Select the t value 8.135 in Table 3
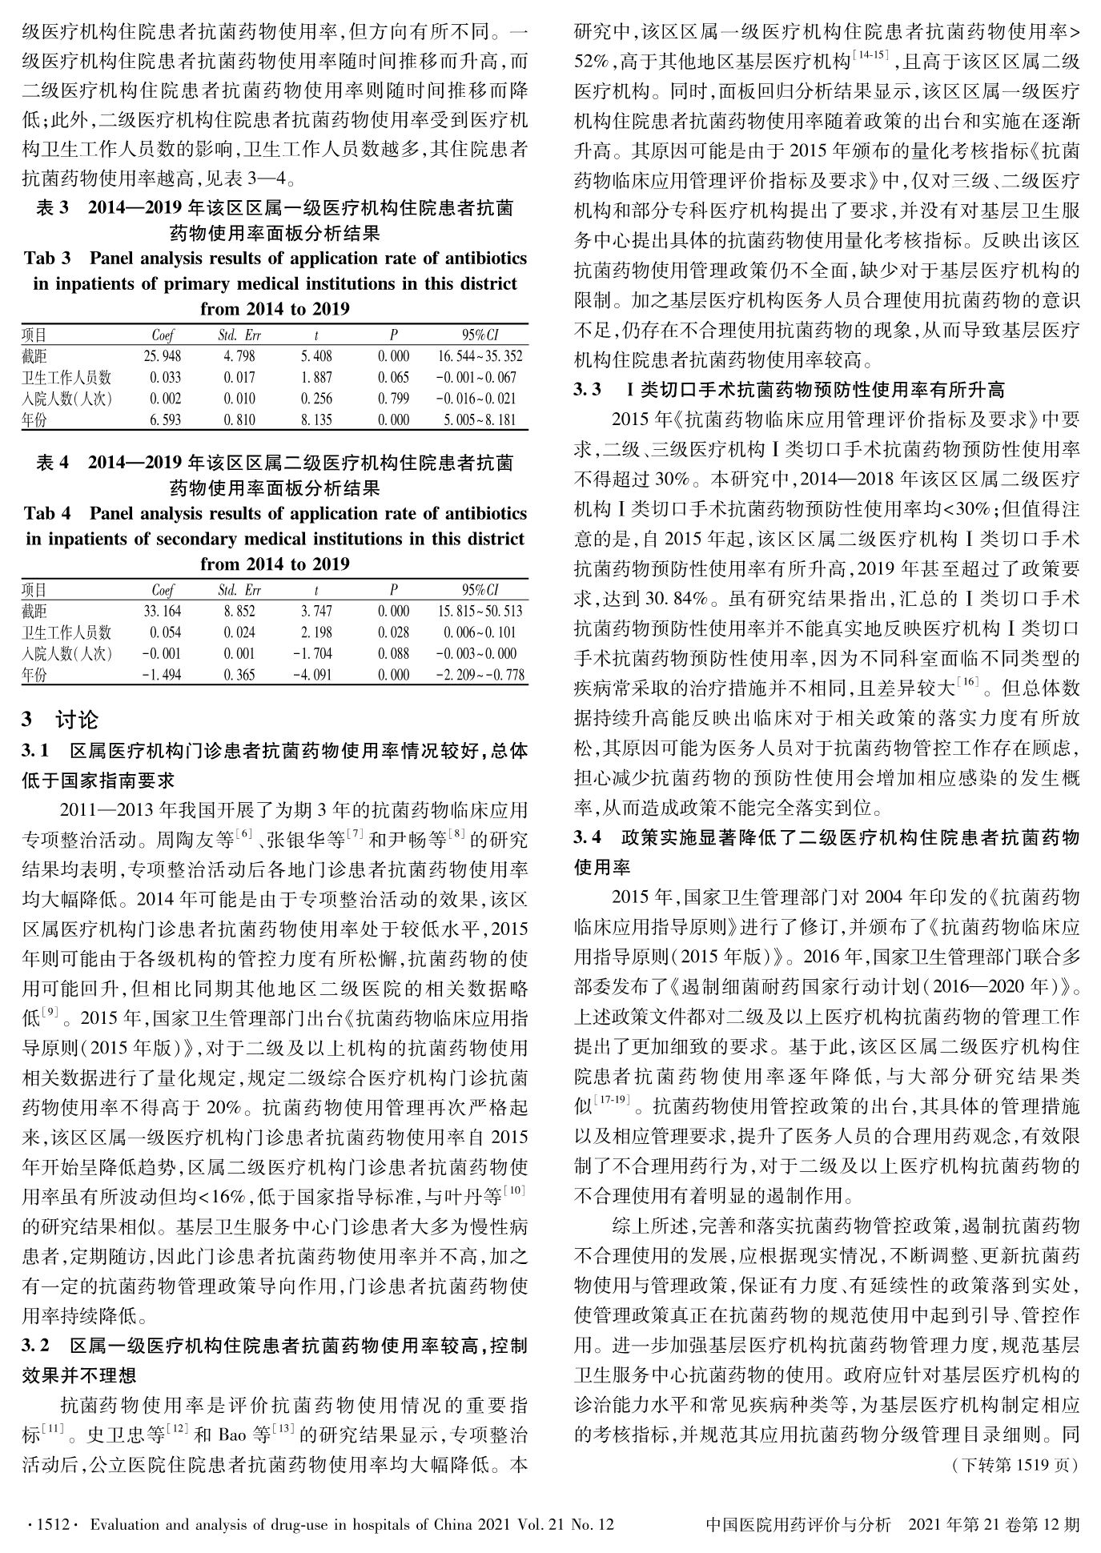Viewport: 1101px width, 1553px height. pos(316,419)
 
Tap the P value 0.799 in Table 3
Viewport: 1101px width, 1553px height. pos(393,399)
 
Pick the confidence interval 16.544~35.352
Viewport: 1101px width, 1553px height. pos(480,356)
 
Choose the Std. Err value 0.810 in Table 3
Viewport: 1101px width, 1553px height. pos(239,419)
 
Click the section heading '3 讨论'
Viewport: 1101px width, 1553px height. pos(60,720)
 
